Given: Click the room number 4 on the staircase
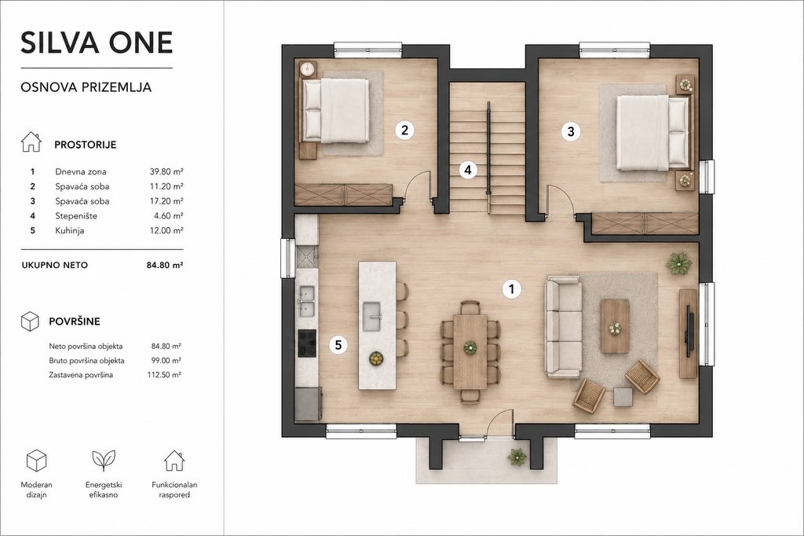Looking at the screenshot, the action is pyautogui.click(x=468, y=170).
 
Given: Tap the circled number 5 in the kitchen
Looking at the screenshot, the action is pyautogui.click(x=338, y=344).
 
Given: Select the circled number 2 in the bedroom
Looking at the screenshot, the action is pyautogui.click(x=404, y=130).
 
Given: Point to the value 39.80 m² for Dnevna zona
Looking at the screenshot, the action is pyautogui.click(x=166, y=171).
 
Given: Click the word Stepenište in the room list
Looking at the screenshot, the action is pyautogui.click(x=76, y=216).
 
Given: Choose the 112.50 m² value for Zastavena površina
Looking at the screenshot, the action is pyautogui.click(x=164, y=375).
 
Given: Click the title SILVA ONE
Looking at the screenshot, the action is pyautogui.click(x=97, y=42).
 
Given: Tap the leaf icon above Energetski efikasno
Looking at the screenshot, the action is pyautogui.click(x=104, y=461).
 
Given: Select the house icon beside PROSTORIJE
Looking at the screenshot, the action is pyautogui.click(x=31, y=141).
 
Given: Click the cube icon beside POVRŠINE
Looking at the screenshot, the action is pyautogui.click(x=31, y=321).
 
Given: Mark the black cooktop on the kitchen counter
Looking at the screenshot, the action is pyautogui.click(x=308, y=340).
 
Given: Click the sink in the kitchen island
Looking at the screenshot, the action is pyautogui.click(x=372, y=316).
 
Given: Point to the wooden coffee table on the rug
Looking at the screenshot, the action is pyautogui.click(x=615, y=326).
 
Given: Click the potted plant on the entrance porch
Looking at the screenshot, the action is pyautogui.click(x=517, y=456).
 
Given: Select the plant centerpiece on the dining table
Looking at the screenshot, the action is pyautogui.click(x=470, y=347).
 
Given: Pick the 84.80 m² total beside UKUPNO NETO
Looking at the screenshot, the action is pyautogui.click(x=165, y=265).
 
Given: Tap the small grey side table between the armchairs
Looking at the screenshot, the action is pyautogui.click(x=623, y=397).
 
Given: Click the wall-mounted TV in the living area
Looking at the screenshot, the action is pyautogui.click(x=690, y=331).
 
